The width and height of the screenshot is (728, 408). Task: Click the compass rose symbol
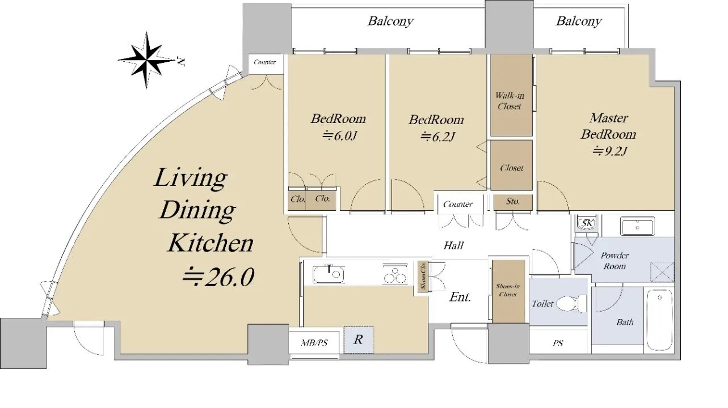click(146, 59)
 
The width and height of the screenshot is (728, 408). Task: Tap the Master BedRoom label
click(608, 126)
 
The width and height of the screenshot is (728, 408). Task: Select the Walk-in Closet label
click(509, 101)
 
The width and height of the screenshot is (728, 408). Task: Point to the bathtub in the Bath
click(659, 317)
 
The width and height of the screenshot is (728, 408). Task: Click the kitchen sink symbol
click(329, 275)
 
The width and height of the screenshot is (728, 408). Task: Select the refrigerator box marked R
click(359, 340)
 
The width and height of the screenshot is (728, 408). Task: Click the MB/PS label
click(314, 342)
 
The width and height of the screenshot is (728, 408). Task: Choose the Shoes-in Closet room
click(508, 291)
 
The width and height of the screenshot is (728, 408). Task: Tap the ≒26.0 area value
click(217, 277)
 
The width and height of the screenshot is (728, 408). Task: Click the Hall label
click(453, 245)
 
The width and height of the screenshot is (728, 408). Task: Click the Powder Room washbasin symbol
click(637, 226)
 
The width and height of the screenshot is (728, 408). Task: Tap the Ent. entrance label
click(460, 297)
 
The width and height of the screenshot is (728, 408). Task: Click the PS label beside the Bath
click(558, 343)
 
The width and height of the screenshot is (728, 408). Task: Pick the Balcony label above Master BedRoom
click(578, 22)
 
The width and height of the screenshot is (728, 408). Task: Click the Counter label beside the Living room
click(264, 62)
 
